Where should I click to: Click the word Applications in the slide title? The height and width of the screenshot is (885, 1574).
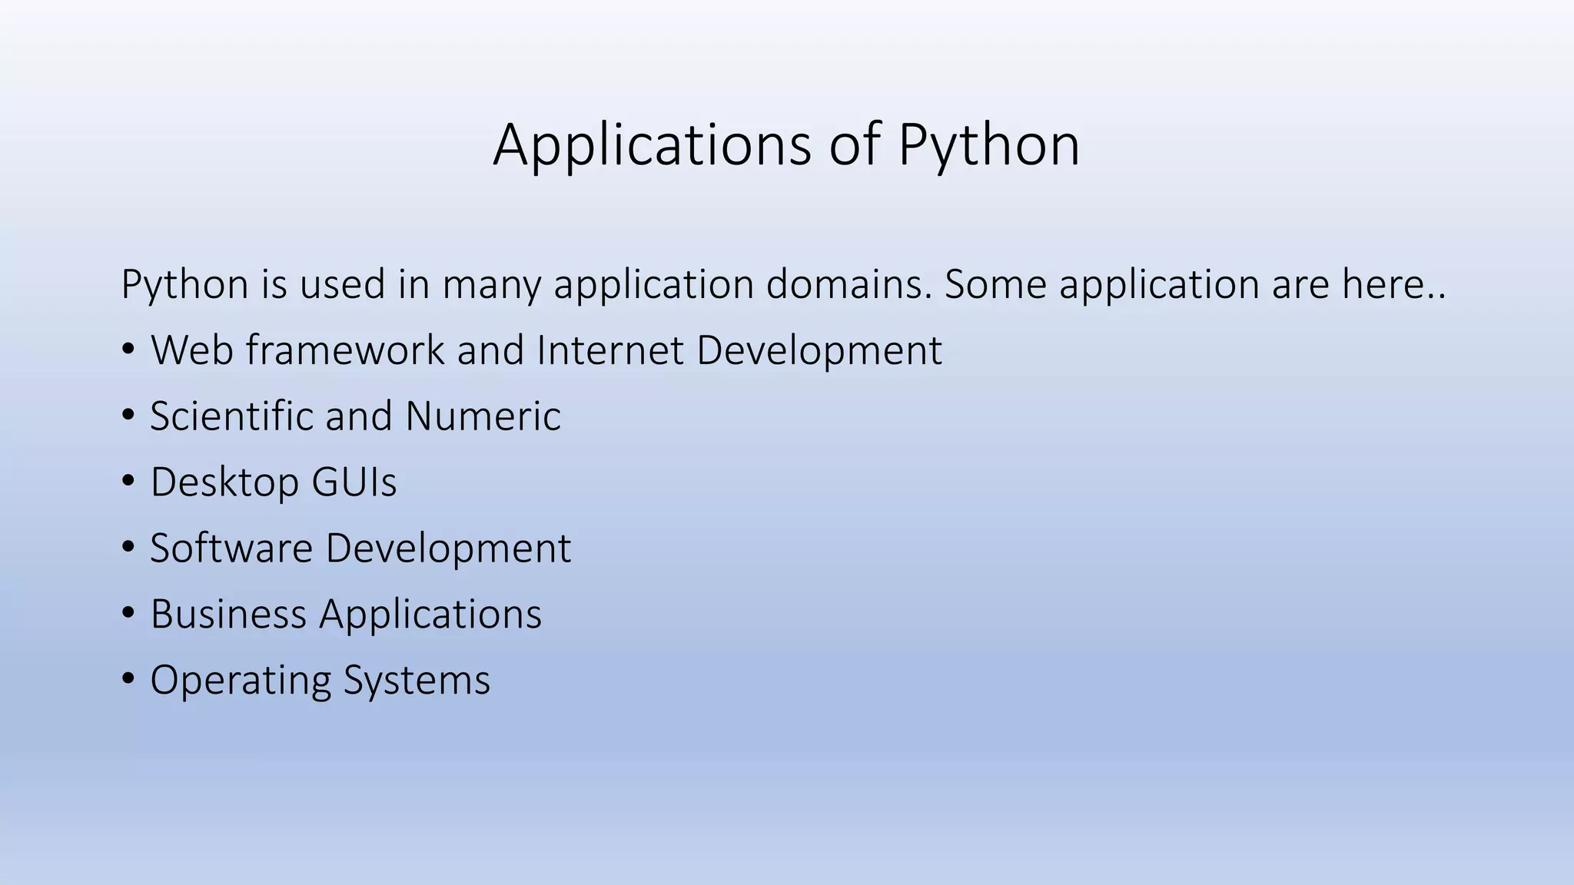tap(652, 145)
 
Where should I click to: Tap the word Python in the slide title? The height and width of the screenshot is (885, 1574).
tap(988, 145)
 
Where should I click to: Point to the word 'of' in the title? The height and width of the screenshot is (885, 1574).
tap(855, 145)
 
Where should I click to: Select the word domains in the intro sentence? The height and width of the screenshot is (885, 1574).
tap(848, 284)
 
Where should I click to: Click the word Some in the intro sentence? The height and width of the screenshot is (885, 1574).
tap(995, 284)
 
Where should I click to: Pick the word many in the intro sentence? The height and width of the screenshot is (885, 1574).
tap(492, 286)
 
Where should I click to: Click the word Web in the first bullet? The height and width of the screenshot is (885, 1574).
tap(192, 350)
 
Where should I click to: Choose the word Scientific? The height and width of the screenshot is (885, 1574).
tap(231, 416)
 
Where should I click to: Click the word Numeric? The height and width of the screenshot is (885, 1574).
tap(483, 416)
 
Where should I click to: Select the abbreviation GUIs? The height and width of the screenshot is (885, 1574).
tap(354, 482)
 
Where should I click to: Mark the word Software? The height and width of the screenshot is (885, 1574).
tap(231, 549)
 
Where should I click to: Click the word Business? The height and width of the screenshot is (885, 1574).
tap(228, 615)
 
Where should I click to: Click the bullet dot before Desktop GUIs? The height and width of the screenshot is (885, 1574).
tap(128, 482)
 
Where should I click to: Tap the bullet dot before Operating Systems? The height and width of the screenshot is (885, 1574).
tap(128, 680)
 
